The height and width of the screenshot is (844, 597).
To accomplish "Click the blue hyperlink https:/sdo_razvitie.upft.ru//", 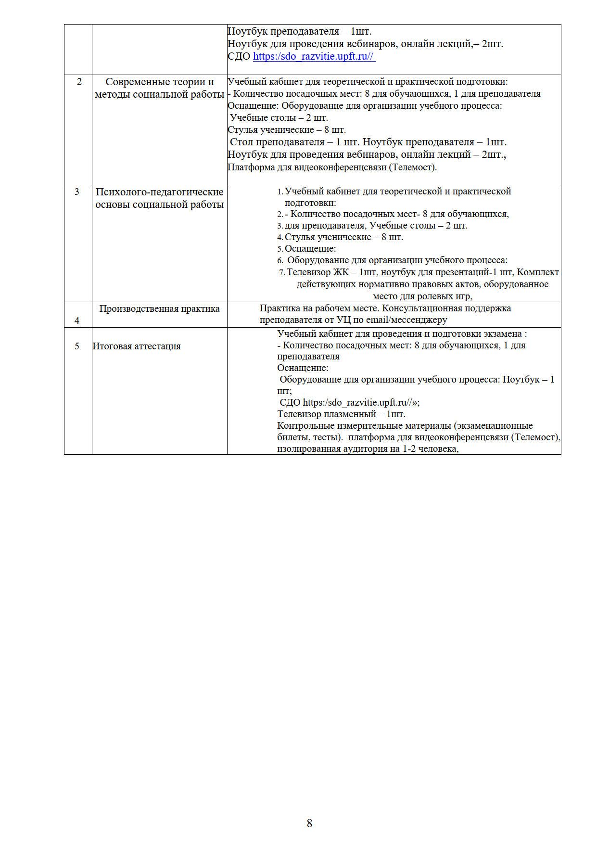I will point(314,56).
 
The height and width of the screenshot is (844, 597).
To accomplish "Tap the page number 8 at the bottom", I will point(309,823).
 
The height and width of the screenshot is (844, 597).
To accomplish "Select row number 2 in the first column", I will point(79,82).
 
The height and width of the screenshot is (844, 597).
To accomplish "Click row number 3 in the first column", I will point(77,192).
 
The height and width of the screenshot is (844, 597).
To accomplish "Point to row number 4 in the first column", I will point(77,320).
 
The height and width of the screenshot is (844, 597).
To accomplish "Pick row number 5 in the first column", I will point(77,346).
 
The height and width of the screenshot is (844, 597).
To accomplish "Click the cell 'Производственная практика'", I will point(159,309).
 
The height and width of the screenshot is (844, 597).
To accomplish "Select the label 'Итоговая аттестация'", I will point(137,346).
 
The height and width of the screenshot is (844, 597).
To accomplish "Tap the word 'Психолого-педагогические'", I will point(160,192).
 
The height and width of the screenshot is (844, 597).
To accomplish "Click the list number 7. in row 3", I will point(282,272).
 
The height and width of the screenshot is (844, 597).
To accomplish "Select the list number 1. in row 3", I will point(280,192).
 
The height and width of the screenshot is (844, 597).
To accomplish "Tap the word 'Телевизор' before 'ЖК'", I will point(308,272).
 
